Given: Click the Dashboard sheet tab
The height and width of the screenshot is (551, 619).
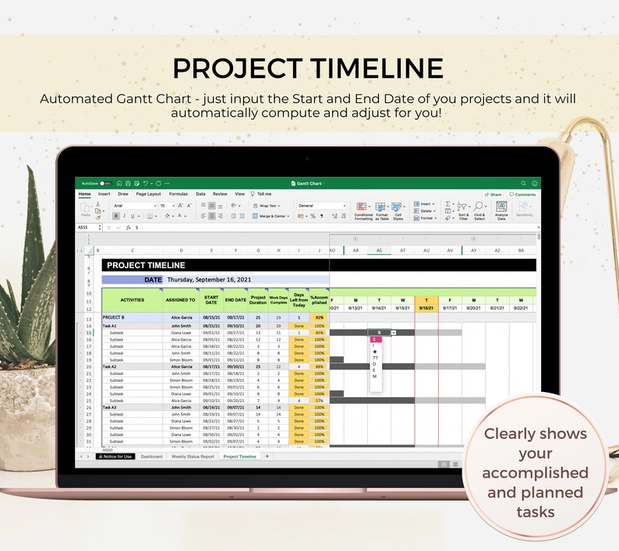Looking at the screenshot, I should tap(152, 456).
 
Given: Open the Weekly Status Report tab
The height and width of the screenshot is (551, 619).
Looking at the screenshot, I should tap(193, 456).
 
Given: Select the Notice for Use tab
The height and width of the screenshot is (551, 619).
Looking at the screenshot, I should tap(115, 456).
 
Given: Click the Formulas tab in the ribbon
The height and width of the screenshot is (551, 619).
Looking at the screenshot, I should tap(179, 193).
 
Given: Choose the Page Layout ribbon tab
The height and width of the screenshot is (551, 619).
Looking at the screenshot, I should tap(148, 193).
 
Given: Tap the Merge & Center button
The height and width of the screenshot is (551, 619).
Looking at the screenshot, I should tap(271, 216).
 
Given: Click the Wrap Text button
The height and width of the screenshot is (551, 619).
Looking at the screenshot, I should tap(267, 206).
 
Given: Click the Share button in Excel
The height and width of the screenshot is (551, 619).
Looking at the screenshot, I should tap(493, 194).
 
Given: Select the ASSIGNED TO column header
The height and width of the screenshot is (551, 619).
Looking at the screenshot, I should tap(180, 299).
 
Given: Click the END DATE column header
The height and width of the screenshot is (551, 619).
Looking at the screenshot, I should tap(235, 299).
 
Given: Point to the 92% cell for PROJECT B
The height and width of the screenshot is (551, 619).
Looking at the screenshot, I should tap(319, 318).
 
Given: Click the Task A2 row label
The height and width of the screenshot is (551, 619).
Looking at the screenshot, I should tap(110, 366).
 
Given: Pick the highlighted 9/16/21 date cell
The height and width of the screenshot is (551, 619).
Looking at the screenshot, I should tap(426, 307).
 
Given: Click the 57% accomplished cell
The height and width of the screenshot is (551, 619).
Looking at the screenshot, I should tap(319, 401).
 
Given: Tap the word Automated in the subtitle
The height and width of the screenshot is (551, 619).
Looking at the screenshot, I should tap(76, 99).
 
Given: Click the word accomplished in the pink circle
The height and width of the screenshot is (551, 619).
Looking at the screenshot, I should tap(534, 473).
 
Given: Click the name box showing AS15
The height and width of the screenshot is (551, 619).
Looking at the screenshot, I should tap(83, 228).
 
